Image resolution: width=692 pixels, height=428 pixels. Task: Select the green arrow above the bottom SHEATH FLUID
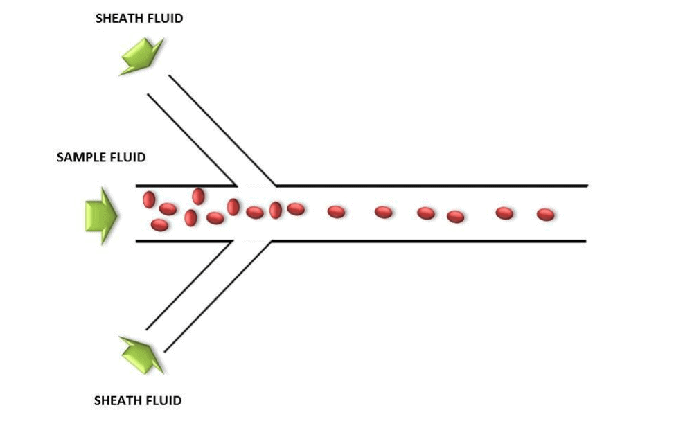[141, 354]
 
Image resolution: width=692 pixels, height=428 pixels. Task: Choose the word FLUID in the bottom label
[163, 400]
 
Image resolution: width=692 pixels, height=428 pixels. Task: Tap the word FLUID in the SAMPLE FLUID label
[127, 158]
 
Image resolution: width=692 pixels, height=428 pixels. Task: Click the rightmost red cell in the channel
[546, 215]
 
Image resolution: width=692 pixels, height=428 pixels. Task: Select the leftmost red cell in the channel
[149, 200]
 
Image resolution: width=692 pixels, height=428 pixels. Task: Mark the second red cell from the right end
[504, 213]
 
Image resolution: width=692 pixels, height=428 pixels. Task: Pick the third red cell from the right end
[455, 217]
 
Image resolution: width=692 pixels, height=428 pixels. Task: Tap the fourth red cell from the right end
[425, 213]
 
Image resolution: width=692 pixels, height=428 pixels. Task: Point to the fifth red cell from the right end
[383, 212]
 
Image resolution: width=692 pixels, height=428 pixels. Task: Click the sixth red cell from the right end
[336, 211]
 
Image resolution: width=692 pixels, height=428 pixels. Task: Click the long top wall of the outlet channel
[429, 186]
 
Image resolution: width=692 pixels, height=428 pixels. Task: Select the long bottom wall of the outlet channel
[429, 241]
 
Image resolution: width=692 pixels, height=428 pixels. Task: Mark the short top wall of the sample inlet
[186, 186]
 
